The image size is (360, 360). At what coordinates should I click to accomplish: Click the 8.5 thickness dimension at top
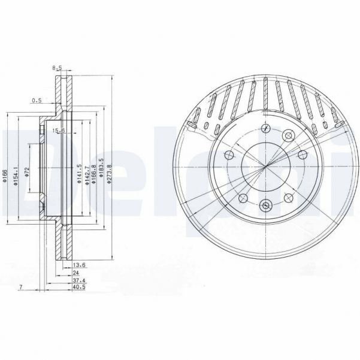tap(58, 68)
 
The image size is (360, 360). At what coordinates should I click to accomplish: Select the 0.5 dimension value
tap(36, 101)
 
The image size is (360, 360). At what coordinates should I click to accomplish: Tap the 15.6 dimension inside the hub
tap(59, 131)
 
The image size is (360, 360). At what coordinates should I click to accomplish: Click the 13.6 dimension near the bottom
tap(78, 264)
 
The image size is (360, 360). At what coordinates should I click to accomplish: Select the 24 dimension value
tap(75, 272)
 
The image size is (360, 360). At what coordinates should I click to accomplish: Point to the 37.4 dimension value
tap(78, 280)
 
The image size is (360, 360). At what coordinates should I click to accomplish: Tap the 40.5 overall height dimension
tap(78, 288)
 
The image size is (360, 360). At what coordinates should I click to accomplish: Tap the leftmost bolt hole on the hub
tap(229, 156)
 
